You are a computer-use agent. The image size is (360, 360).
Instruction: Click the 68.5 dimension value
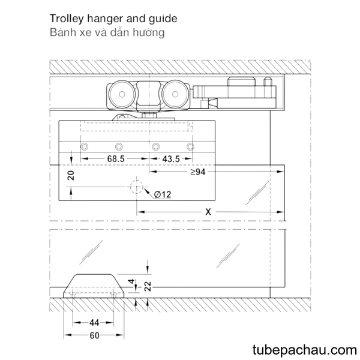pyautogui.click(x=116, y=158)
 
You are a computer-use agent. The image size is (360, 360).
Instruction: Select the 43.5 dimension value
pyautogui.click(x=171, y=159)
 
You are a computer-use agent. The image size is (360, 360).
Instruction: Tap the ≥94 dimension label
pyautogui.click(x=198, y=172)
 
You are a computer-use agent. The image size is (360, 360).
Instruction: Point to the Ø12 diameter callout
pyautogui.click(x=163, y=194)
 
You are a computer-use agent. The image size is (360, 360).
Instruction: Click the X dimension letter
pyautogui.click(x=208, y=212)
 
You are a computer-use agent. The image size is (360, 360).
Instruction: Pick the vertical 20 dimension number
pyautogui.click(x=71, y=175)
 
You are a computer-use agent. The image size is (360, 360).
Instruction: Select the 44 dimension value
pyautogui.click(x=94, y=323)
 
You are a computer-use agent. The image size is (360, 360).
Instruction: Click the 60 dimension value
pyautogui.click(x=94, y=335)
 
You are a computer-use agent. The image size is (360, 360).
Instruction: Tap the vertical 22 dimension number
pyautogui.click(x=148, y=286)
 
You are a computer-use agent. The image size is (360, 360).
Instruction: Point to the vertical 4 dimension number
pyautogui.click(x=131, y=281)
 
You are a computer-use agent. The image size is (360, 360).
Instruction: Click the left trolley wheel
pyautogui.click(x=122, y=94)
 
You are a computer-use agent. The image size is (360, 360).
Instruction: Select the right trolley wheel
pyautogui.click(x=175, y=94)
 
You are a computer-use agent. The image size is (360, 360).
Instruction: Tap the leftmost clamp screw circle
pyautogui.click(x=85, y=146)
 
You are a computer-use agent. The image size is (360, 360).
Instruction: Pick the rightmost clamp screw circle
pyautogui.click(x=190, y=146)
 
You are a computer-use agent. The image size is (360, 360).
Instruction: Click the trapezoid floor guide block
pyautogui.click(x=94, y=286)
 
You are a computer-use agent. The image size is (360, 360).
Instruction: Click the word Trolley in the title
pyautogui.click(x=67, y=19)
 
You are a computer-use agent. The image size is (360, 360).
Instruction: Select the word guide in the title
pyautogui.click(x=163, y=19)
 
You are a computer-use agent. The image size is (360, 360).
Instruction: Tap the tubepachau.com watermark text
pyautogui.click(x=305, y=350)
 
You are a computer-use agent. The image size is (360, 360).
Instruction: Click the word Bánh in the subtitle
pyautogui.click(x=63, y=32)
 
